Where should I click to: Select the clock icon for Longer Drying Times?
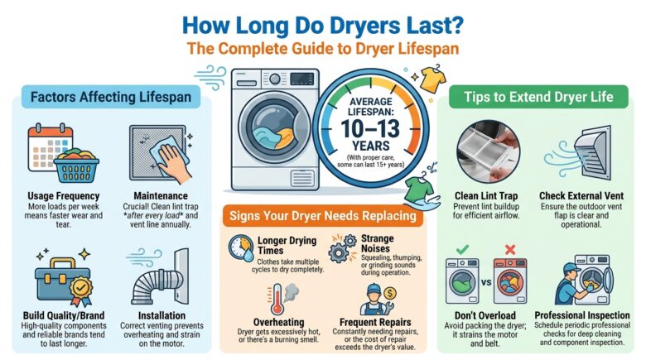click(242, 248)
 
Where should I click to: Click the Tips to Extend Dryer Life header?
click(542, 98)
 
